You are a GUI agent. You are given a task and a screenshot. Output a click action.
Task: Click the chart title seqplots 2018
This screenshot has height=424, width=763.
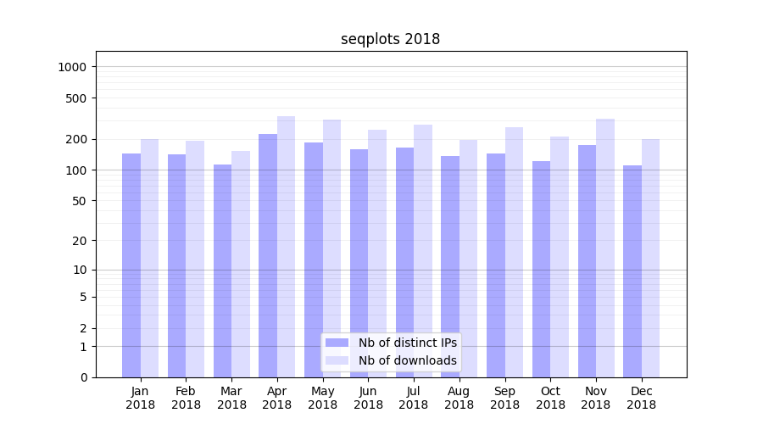pos(390,39)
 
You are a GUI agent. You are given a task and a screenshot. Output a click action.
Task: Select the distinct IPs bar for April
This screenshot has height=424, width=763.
pos(268,255)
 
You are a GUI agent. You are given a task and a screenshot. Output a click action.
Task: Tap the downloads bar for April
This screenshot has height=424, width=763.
pos(287,247)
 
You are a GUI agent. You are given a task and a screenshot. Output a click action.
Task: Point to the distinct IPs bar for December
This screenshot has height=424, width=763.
pos(632,271)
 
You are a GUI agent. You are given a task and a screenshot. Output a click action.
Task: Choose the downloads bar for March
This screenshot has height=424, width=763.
pos(241,264)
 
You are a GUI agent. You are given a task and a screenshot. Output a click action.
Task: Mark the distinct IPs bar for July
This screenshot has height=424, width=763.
pos(404,262)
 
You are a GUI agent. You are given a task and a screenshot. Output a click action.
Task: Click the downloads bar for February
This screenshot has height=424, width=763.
pos(195,259)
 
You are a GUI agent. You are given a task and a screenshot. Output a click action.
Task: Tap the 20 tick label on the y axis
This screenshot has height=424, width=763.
pos(80,241)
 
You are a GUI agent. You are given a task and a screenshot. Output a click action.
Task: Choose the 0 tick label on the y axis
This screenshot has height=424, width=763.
pos(83,377)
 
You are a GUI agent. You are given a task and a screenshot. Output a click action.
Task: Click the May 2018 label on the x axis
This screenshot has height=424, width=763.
pos(323,398)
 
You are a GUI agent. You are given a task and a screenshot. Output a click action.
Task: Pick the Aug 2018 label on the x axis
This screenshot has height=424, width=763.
pos(459,398)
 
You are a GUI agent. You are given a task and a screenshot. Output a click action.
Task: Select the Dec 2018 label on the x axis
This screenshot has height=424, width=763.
pos(642,398)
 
